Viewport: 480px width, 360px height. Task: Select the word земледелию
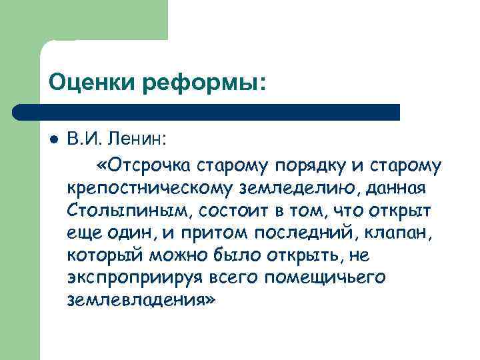(x=295, y=188)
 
